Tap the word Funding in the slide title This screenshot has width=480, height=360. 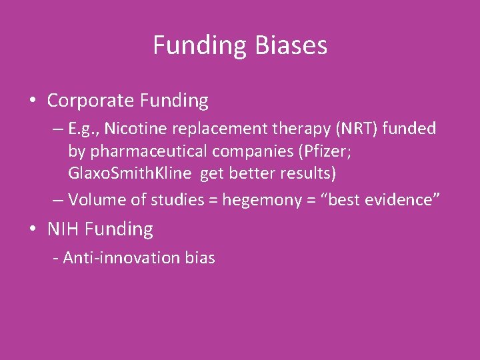(200, 45)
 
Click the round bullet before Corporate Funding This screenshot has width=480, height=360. (33, 101)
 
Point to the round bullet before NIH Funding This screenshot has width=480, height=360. (33, 229)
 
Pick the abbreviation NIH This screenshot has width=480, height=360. (63, 229)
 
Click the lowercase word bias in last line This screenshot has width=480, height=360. (200, 258)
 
